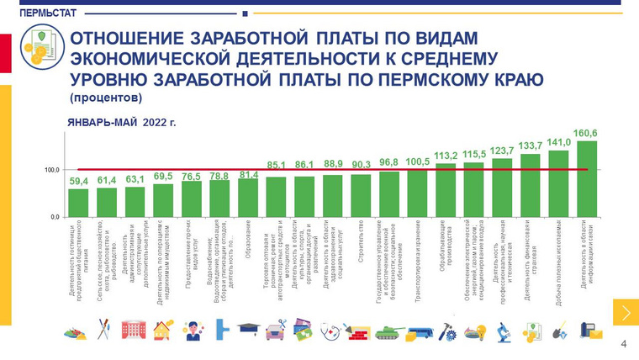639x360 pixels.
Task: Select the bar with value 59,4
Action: click(x=78, y=202)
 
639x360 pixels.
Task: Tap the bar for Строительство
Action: click(x=361, y=195)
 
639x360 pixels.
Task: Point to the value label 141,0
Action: click(x=559, y=142)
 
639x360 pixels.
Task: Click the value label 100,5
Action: click(x=417, y=161)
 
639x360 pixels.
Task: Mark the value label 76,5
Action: click(x=191, y=177)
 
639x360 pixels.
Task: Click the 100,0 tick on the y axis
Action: click(x=52, y=170)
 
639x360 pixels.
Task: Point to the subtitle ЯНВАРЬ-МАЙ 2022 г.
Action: click(x=122, y=123)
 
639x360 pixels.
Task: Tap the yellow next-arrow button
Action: click(x=625, y=312)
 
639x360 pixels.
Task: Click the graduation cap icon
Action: click(x=247, y=329)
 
